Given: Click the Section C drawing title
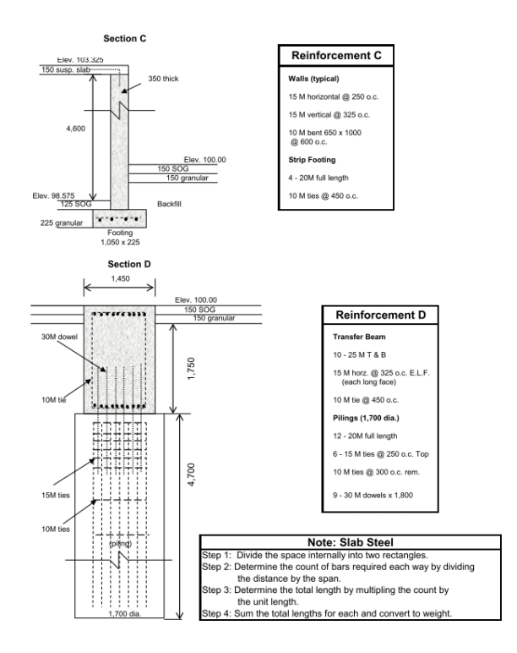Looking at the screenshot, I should pyautogui.click(x=125, y=39).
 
